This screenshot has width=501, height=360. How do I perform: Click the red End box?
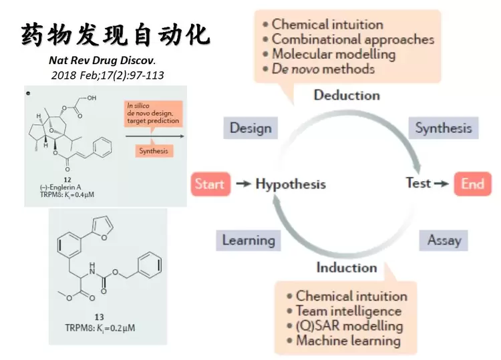click(x=472, y=184)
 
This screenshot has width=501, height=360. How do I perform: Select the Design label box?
click(x=251, y=128)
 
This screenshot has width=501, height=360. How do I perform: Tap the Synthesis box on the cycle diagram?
click(x=443, y=128)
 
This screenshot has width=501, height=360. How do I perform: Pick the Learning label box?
click(x=248, y=240)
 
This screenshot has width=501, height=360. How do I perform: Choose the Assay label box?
click(x=444, y=240)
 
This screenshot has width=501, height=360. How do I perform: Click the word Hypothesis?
click(x=291, y=184)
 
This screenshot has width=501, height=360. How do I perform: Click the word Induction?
click(x=347, y=268)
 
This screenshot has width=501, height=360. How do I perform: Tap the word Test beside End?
click(x=418, y=182)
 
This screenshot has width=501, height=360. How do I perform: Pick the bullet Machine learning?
click(x=347, y=341)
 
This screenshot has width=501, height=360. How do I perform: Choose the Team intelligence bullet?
click(x=348, y=311)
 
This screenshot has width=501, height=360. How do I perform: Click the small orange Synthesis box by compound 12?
click(x=153, y=151)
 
